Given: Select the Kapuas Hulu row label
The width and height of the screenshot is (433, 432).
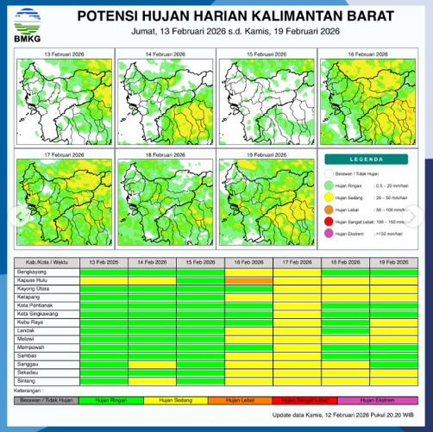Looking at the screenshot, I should click(x=34, y=279).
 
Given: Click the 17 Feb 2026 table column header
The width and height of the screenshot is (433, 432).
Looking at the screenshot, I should click(x=297, y=261).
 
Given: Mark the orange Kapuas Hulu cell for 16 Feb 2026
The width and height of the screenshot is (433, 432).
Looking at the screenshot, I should click(x=248, y=279).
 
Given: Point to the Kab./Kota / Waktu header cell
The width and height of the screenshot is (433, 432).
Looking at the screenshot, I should click(x=45, y=261).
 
